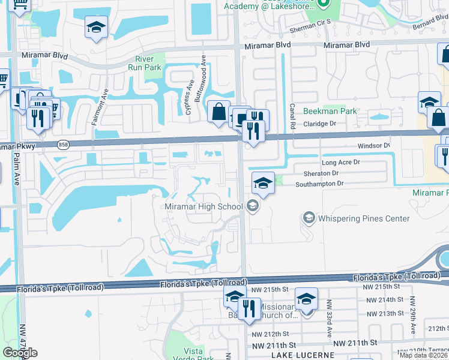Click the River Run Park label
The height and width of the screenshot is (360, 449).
click(145, 63)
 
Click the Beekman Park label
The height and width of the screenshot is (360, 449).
click(330, 111)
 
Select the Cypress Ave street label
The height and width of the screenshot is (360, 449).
click(188, 100)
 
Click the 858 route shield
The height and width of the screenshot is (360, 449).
click(64, 145)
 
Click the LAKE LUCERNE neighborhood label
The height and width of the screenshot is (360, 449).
click(302, 355)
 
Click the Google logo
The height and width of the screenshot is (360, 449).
click(21, 352)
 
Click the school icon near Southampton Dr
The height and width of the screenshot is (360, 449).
click(262, 184)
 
